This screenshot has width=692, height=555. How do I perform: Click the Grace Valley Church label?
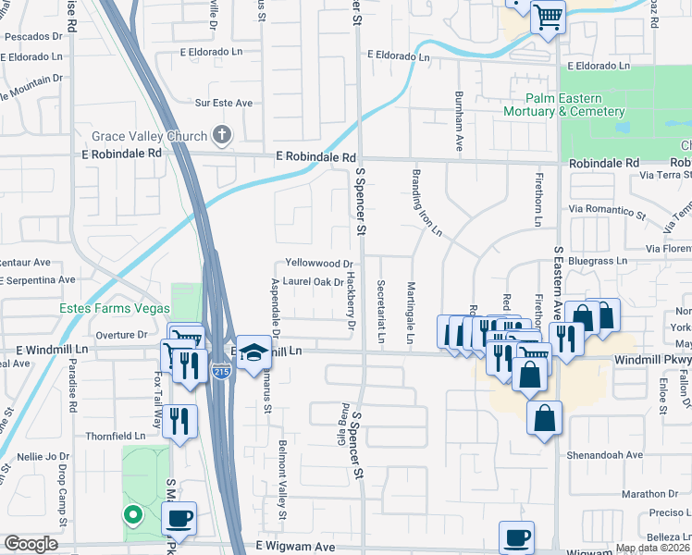click(150, 136)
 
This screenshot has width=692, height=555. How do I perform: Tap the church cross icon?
click(220, 137)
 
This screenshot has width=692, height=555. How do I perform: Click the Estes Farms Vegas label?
click(114, 308)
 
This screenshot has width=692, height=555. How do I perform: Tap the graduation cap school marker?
click(252, 352)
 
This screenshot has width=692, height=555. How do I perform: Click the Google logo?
click(31, 544)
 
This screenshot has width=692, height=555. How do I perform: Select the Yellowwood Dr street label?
click(319, 264)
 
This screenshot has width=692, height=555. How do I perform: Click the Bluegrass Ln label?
click(598, 262)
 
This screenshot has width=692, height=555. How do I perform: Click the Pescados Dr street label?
click(39, 38)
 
